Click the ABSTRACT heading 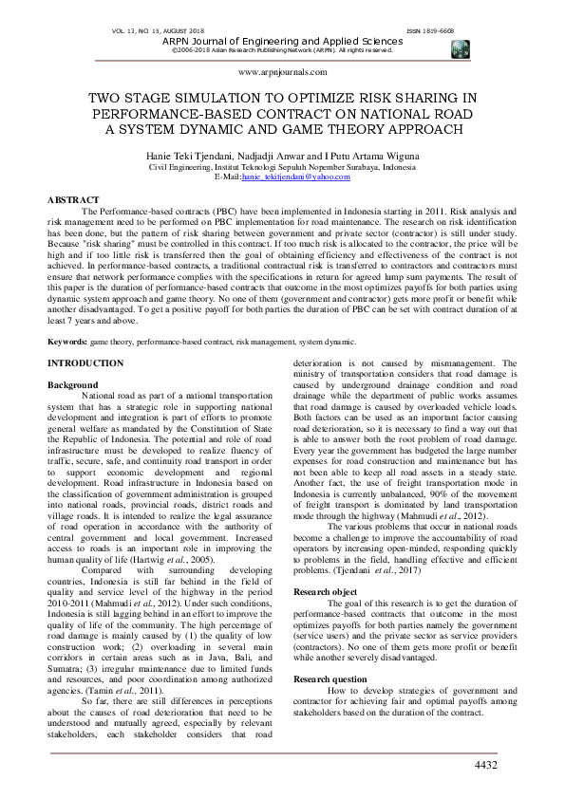72,199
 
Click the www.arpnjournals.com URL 282,72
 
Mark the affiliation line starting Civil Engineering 282,166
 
